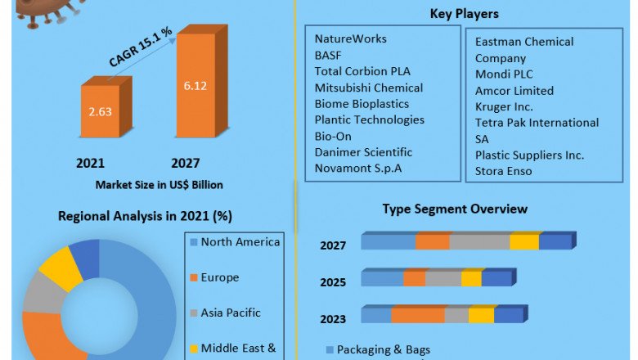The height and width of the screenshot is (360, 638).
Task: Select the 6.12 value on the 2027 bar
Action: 196,84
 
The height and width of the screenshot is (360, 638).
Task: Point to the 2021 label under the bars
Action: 90,163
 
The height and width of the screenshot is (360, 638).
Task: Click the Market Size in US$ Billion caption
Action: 159,185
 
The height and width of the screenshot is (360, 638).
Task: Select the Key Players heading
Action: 464,14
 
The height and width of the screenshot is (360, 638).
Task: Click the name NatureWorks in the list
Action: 351,38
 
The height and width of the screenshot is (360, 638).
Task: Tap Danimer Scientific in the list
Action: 363,152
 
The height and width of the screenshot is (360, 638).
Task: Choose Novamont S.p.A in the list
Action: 357,169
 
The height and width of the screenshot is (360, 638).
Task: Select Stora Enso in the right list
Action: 504,171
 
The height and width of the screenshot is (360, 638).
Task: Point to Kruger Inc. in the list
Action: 504,106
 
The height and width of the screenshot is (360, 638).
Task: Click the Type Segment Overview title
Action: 455,209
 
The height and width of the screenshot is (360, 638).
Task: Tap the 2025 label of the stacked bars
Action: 333,282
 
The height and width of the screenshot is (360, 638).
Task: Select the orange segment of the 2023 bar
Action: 417,316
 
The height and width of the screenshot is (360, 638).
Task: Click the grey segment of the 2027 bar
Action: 479,241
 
